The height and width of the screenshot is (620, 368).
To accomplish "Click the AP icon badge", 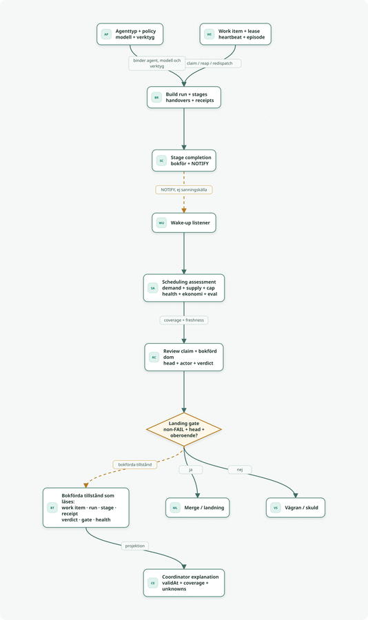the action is pyautogui.click(x=106, y=34).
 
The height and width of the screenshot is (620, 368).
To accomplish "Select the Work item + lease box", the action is pyautogui.click(x=236, y=34).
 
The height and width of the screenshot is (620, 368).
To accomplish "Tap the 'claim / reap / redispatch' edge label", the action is pyautogui.click(x=209, y=63).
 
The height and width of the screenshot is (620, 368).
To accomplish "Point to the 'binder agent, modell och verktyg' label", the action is pyautogui.click(x=157, y=63).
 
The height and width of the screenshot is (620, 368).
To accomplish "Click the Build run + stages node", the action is pyautogui.click(x=184, y=97).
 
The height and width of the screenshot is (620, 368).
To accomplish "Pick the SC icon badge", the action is pyautogui.click(x=161, y=161).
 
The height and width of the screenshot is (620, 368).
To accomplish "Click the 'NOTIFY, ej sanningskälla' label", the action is pyautogui.click(x=184, y=190).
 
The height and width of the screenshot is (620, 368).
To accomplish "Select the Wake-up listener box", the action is pyautogui.click(x=184, y=223).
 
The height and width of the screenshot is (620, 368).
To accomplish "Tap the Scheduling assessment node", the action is pyautogui.click(x=184, y=288).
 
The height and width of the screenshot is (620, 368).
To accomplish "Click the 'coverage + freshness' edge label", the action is pyautogui.click(x=184, y=320).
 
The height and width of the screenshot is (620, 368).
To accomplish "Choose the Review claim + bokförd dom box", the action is pyautogui.click(x=184, y=357).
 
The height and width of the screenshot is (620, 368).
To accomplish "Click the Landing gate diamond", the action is pyautogui.click(x=184, y=429).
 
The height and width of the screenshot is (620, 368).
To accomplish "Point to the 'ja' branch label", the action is pyautogui.click(x=191, y=470).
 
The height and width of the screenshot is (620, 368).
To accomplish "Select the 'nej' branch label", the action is pyautogui.click(x=240, y=470).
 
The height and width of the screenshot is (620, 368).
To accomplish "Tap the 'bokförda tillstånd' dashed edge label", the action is pyautogui.click(x=135, y=464).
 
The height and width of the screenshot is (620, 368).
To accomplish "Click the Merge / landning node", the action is pyautogui.click(x=198, y=508).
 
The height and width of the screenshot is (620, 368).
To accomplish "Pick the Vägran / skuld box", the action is pyautogui.click(x=296, y=508).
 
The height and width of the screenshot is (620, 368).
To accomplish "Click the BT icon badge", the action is pyautogui.click(x=52, y=508).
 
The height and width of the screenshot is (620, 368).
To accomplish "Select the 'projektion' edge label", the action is pyautogui.click(x=135, y=546).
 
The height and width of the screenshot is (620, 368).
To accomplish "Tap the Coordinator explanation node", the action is pyautogui.click(x=184, y=583).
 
